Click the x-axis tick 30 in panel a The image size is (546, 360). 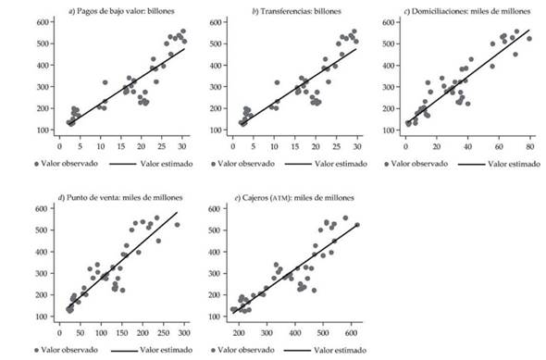[182, 144]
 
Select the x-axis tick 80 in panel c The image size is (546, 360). [529, 144]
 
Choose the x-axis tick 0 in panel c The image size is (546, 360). [405, 144]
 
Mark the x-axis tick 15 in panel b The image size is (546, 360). [294, 144]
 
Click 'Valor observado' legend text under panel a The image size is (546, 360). [74, 163]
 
